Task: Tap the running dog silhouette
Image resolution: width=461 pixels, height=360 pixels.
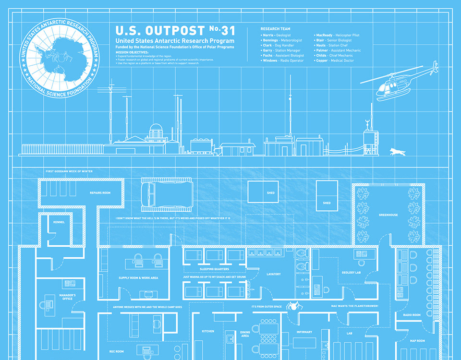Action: (x=398, y=152)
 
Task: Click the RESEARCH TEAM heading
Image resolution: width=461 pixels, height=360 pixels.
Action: (x=275, y=29)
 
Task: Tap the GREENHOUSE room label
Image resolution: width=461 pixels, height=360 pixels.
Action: (x=388, y=215)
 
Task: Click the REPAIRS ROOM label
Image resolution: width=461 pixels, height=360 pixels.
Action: (x=100, y=192)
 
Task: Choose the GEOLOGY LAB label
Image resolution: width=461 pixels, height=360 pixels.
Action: (x=351, y=272)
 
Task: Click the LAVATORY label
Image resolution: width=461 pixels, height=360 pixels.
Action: (x=273, y=274)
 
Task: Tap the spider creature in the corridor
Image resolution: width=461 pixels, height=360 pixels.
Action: (x=292, y=306)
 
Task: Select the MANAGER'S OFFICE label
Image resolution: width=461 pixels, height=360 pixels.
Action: (x=67, y=297)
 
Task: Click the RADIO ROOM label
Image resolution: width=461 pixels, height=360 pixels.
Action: (x=412, y=315)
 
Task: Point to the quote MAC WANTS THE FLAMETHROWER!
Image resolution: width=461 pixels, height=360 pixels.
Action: (x=354, y=306)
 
